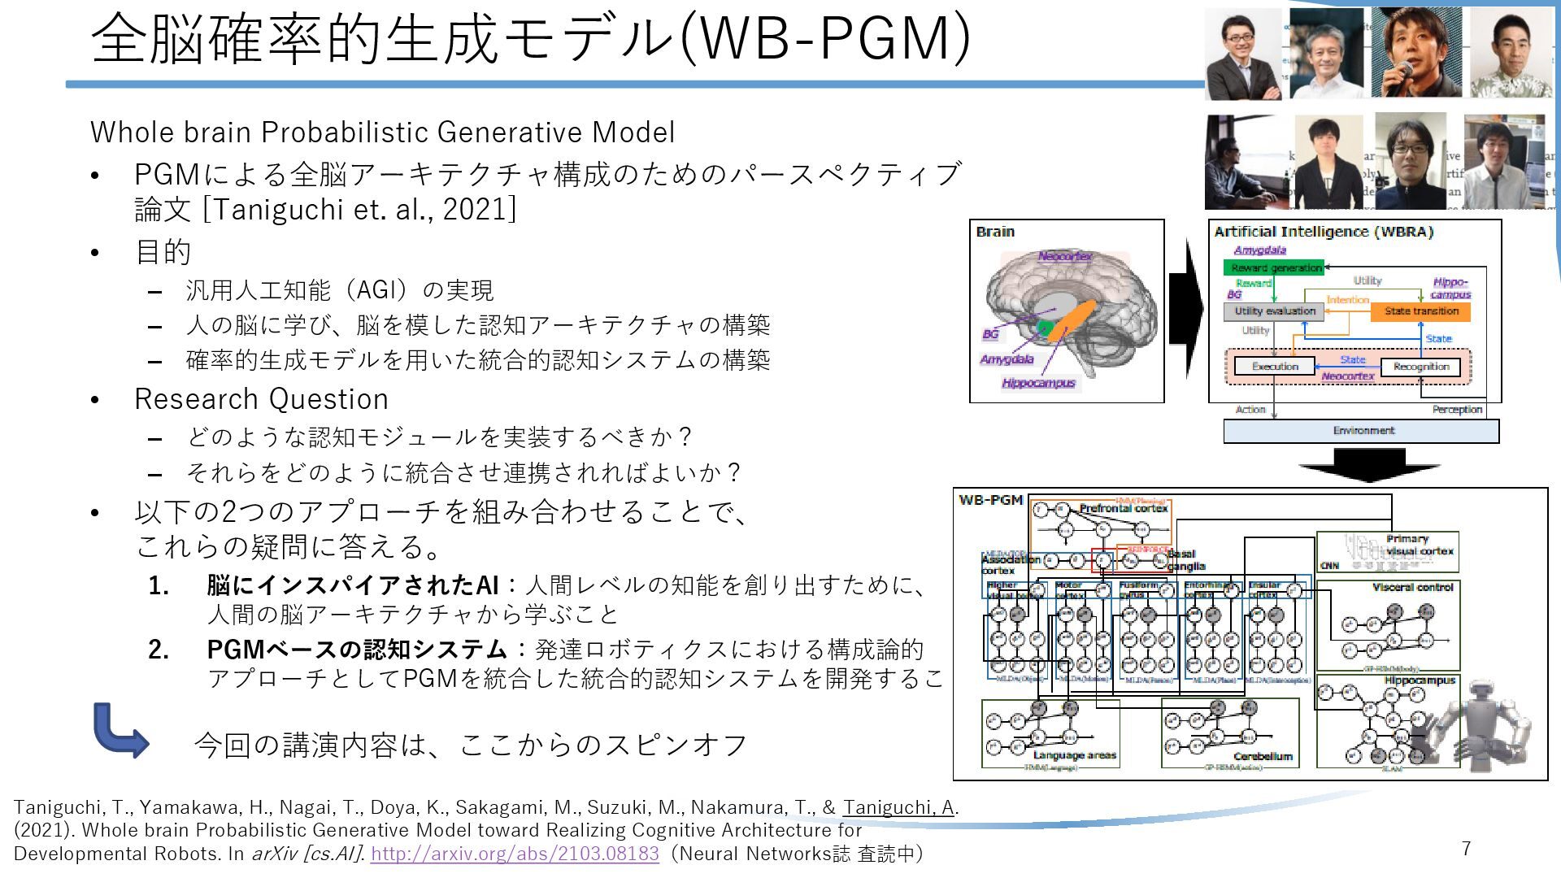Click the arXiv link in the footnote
click(514, 854)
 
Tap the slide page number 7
click(1466, 849)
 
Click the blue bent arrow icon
click(120, 730)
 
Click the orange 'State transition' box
click(1421, 311)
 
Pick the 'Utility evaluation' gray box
click(1274, 311)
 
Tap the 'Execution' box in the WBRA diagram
click(1274, 367)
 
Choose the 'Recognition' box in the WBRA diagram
click(1420, 367)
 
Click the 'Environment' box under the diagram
click(1362, 431)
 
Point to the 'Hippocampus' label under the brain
click(1038, 383)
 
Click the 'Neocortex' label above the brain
click(1064, 256)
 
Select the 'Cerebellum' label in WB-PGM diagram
click(1262, 756)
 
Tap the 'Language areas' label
click(1074, 755)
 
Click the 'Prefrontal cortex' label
click(1123, 508)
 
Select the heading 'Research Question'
click(261, 399)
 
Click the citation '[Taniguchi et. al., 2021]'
click(359, 210)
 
